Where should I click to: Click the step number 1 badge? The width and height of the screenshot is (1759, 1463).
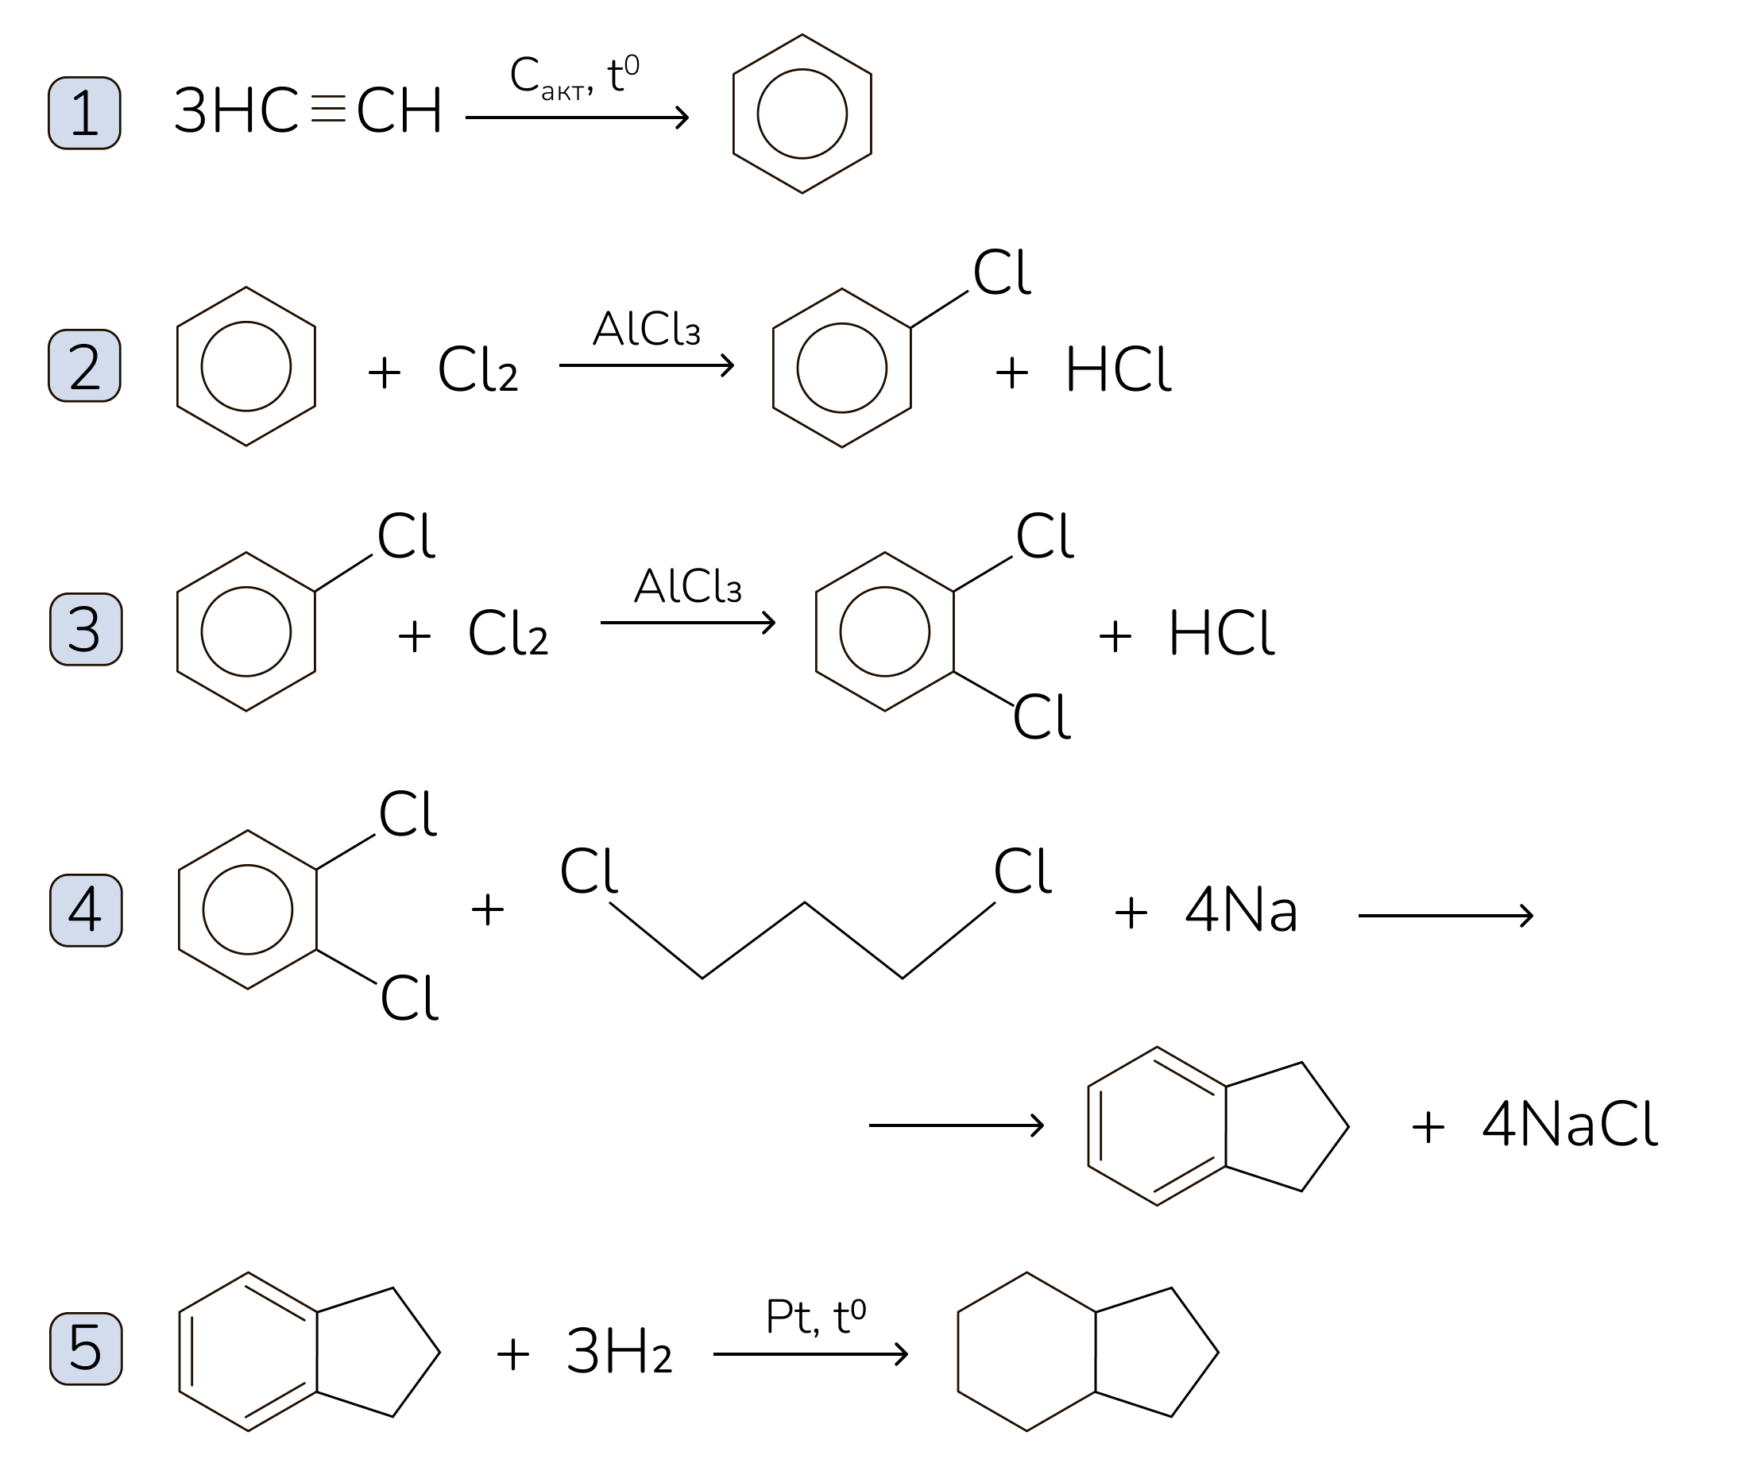pyautogui.click(x=83, y=113)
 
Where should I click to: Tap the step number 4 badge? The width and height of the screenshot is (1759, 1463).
pyautogui.click(x=86, y=910)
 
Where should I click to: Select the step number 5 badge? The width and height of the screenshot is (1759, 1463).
pyautogui.click(x=86, y=1349)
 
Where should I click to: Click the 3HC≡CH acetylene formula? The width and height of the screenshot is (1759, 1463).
pyautogui.click(x=307, y=110)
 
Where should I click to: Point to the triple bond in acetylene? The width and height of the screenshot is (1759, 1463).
pyautogui.click(x=327, y=110)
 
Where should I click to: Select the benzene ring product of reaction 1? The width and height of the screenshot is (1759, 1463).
pyautogui.click(x=802, y=114)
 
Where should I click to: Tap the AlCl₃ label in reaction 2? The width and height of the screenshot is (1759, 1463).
pyautogui.click(x=646, y=329)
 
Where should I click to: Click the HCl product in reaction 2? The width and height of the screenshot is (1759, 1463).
pyautogui.click(x=1117, y=370)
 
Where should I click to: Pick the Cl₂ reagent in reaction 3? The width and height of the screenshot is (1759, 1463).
pyautogui.click(x=508, y=633)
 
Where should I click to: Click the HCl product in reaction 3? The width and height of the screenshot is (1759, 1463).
pyautogui.click(x=1220, y=633)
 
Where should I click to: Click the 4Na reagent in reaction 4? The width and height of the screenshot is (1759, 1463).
pyautogui.click(x=1241, y=911)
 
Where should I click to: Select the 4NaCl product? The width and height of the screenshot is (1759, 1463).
pyautogui.click(x=1570, y=1125)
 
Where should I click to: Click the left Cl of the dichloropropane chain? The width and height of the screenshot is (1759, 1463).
pyautogui.click(x=588, y=872)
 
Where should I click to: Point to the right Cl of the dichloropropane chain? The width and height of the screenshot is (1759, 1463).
pyautogui.click(x=1022, y=872)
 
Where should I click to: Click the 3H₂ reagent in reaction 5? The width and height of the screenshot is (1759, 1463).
pyautogui.click(x=619, y=1352)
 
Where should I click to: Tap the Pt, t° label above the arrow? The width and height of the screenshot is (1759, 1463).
pyautogui.click(x=815, y=1318)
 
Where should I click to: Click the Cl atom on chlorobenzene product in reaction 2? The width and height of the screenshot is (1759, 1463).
pyautogui.click(x=1001, y=273)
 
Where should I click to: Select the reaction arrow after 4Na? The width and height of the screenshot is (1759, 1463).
pyautogui.click(x=1445, y=915)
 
